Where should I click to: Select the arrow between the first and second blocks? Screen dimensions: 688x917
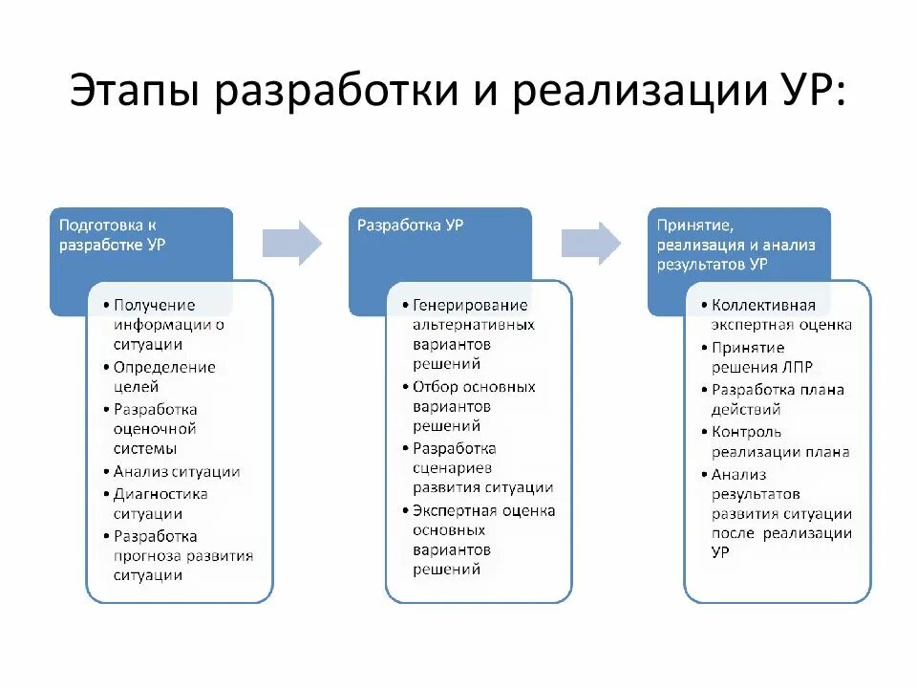click(293, 243)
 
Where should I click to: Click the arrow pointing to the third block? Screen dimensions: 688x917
click(591, 243)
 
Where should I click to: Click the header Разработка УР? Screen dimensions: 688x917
click(412, 226)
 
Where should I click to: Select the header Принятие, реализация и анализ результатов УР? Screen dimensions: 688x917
click(736, 245)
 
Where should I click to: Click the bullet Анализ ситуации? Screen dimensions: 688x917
click(176, 471)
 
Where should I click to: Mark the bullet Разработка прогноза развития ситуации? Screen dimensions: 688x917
click(181, 556)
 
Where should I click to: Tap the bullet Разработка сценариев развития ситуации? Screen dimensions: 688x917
click(480, 468)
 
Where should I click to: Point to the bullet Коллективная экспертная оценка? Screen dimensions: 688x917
click(778, 315)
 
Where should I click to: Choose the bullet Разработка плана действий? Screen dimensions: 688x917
click(776, 399)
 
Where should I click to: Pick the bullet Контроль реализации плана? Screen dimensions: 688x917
click(778, 441)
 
